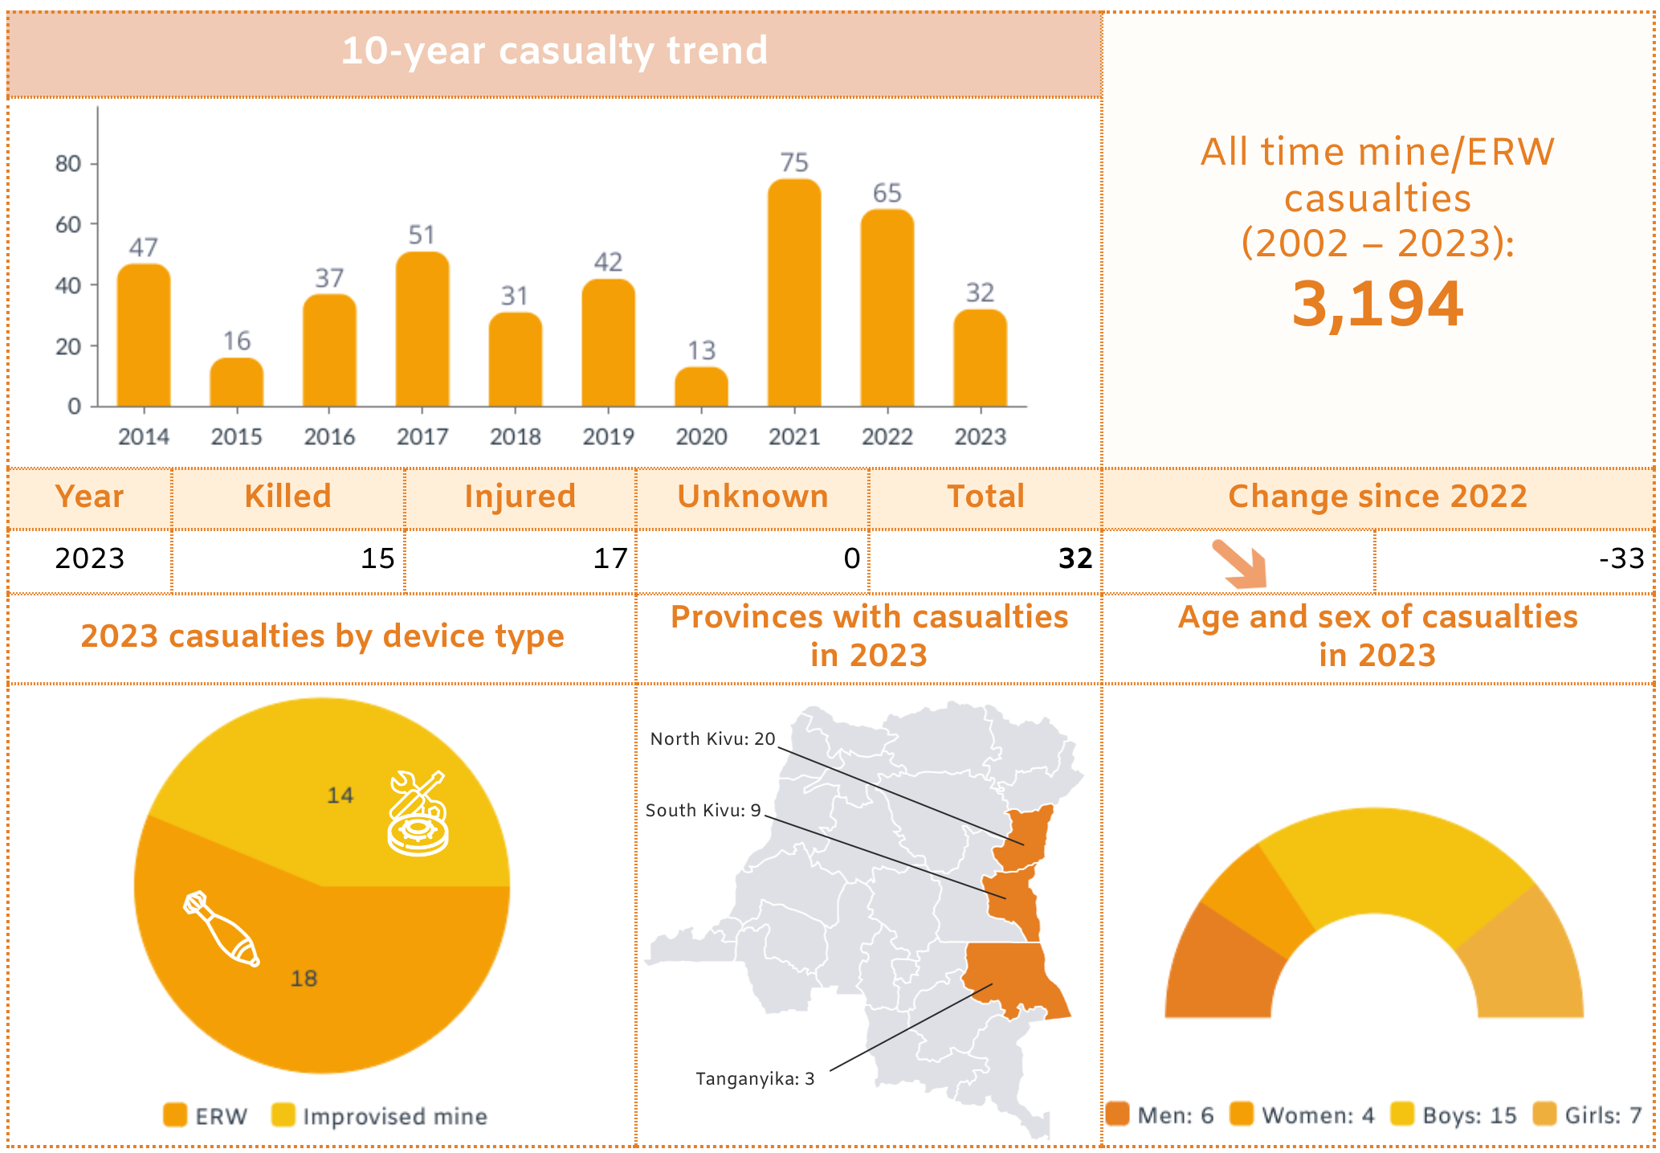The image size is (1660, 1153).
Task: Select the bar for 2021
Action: tap(793, 293)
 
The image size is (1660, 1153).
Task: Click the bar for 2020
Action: tap(701, 387)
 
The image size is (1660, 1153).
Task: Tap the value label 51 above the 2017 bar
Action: tap(422, 235)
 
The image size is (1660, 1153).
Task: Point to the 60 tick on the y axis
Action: tap(68, 224)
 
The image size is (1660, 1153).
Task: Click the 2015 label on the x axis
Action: tap(236, 436)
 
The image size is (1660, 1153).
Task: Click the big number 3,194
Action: tap(1377, 305)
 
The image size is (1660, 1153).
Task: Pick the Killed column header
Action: tap(288, 497)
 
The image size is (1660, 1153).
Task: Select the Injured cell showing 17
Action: tap(610, 558)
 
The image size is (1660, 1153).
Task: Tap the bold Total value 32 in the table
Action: tap(1075, 558)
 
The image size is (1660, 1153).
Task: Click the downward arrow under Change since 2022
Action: tap(1239, 564)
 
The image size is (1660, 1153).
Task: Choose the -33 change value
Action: tap(1621, 558)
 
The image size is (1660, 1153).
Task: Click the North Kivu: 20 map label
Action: tap(712, 739)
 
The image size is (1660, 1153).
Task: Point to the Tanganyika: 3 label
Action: tap(755, 1079)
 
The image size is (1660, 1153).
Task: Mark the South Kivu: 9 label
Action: tap(703, 811)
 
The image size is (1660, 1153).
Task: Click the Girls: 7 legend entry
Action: tap(1588, 1115)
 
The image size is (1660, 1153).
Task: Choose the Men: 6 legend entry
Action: tap(1160, 1115)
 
